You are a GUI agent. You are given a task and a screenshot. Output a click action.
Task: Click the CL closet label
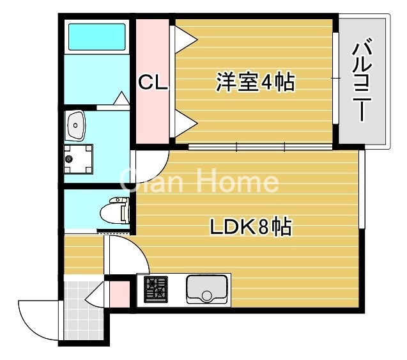pyautogui.click(x=153, y=82)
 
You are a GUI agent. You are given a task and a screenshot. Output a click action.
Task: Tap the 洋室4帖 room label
pyautogui.click(x=255, y=82)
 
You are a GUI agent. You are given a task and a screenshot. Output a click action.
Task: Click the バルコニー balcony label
pyautogui.click(x=362, y=80)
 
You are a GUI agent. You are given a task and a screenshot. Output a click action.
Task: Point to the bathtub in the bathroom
pyautogui.click(x=96, y=37)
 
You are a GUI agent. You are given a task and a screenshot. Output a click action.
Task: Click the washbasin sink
pyautogui.click(x=76, y=125)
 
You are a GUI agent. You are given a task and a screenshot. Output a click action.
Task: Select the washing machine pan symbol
pyautogui.click(x=78, y=158)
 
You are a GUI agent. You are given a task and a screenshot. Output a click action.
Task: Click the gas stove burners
pyautogui.click(x=156, y=289)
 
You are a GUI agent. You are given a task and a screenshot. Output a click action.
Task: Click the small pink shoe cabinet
pyautogui.click(x=119, y=293)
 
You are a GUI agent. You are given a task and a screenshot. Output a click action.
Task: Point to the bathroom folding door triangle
pyautogui.click(x=121, y=98)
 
